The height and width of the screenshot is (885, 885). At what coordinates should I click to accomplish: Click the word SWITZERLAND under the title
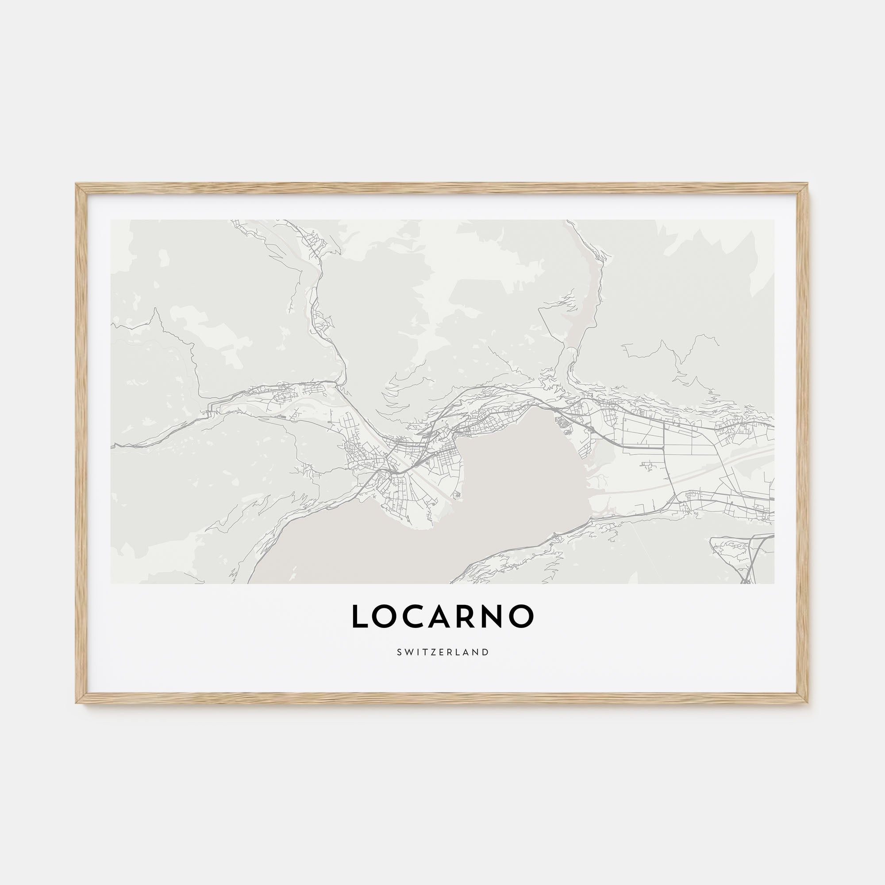[442, 652]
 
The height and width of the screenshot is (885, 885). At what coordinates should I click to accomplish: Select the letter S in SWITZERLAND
[399, 652]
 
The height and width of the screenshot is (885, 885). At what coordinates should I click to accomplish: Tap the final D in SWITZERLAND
[486, 652]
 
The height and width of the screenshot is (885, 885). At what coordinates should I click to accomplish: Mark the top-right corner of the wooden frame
[808, 185]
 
